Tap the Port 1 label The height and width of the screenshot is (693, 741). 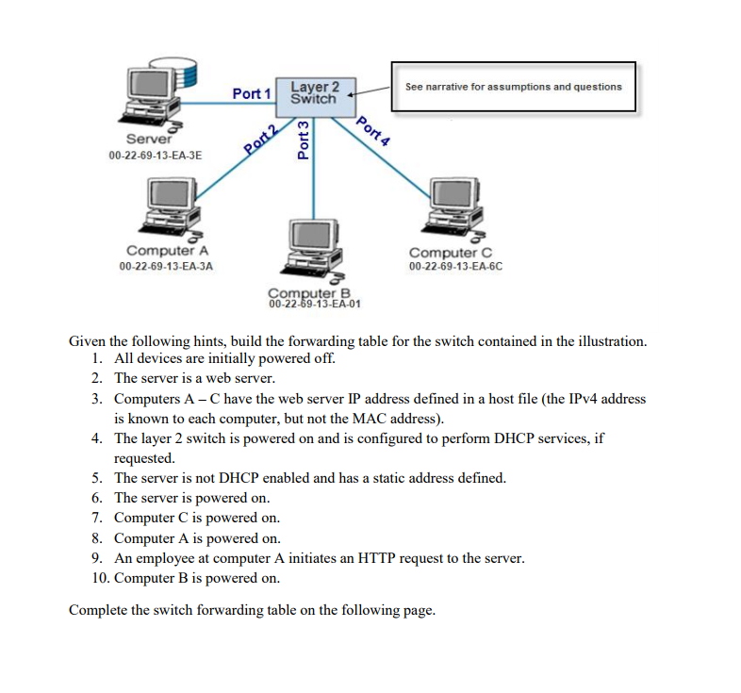pos(252,93)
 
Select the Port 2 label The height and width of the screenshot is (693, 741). pos(260,138)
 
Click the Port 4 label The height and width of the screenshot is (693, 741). pos(374,129)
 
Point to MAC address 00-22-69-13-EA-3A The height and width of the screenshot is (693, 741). pos(166,267)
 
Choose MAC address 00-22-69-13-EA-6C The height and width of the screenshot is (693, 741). pos(455,267)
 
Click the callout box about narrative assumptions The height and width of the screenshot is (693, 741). pos(513,87)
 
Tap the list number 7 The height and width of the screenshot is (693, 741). pos(97,518)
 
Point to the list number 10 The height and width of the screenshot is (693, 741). pos(99,577)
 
